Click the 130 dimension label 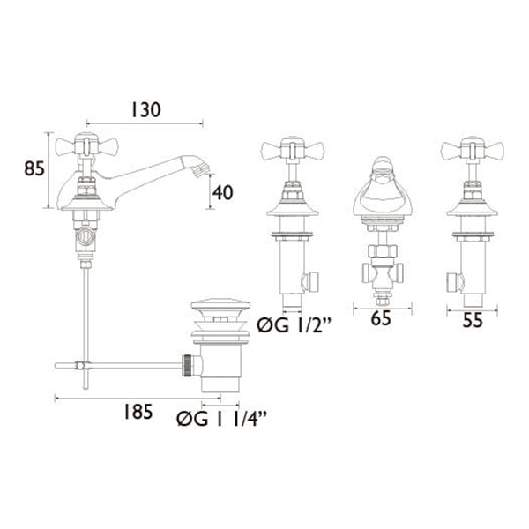(145, 110)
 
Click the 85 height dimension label (34, 168)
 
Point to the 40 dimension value (222, 192)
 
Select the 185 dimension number (138, 412)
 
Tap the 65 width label (381, 318)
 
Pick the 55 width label (473, 320)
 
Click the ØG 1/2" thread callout (294, 325)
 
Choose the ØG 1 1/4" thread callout (222, 419)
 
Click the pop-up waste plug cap (220, 304)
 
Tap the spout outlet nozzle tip (201, 169)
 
